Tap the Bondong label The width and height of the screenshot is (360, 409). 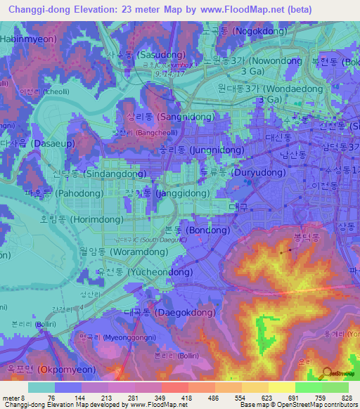pos(207,230)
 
